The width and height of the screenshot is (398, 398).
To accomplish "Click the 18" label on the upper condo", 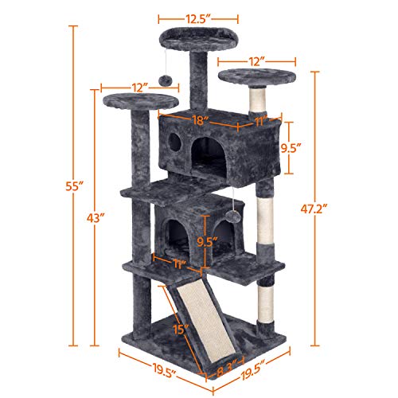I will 200,121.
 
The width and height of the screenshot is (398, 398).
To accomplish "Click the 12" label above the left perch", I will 140,87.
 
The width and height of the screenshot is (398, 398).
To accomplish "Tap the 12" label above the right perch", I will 255,60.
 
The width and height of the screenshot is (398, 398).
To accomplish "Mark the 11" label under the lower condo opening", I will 181,262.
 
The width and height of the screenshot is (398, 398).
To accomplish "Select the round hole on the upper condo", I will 175,143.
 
